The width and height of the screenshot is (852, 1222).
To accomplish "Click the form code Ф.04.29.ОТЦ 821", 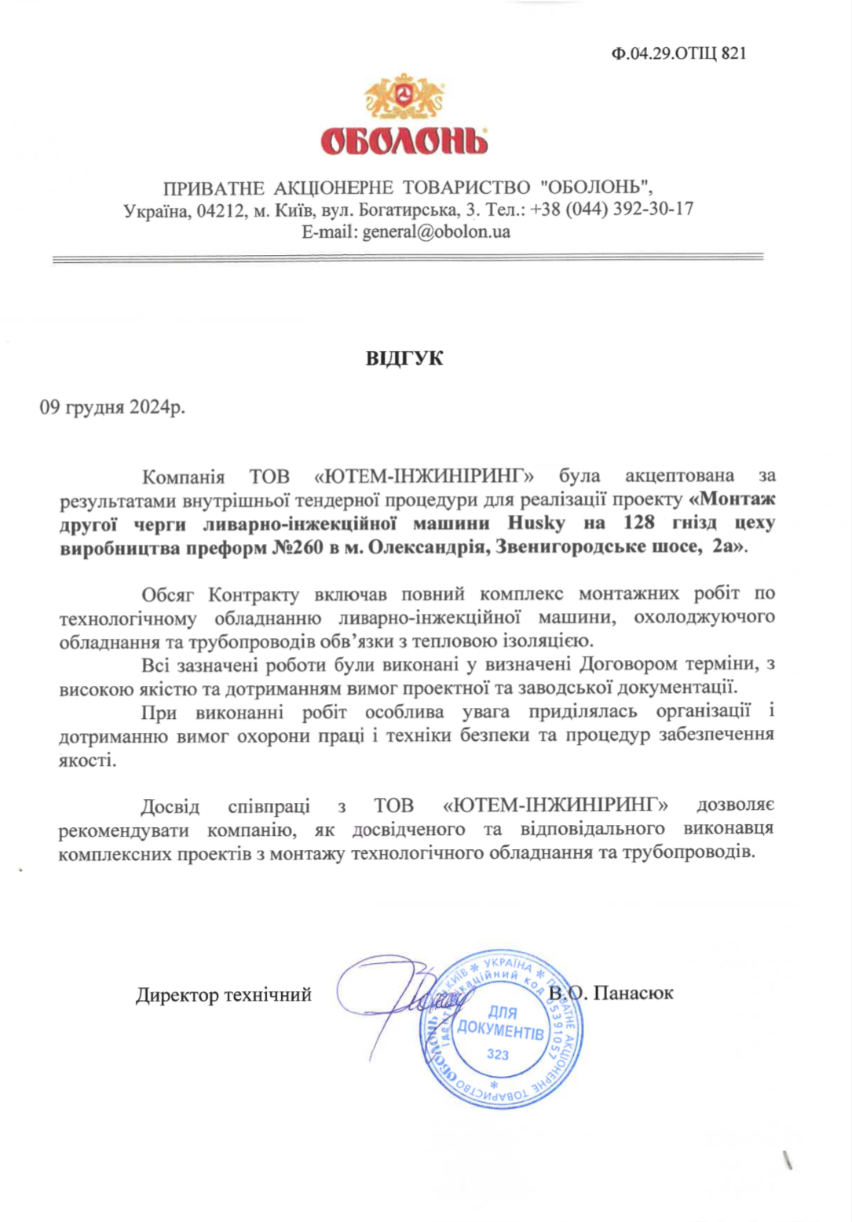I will coord(678,53).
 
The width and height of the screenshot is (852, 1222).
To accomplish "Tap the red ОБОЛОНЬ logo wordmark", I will coord(404,141).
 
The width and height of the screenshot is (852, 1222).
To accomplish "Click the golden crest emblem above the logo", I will coord(404,97).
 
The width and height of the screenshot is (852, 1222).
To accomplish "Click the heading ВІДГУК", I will coord(404,359).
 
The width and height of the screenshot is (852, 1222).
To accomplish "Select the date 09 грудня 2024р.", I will coord(112,407).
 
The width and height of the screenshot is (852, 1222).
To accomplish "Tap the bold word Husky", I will coord(536,523).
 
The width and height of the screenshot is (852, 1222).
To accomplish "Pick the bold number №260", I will coord(298,547).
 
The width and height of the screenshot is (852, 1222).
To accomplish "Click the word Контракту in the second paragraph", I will coord(254,593).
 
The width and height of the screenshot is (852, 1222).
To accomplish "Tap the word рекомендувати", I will coord(124,830).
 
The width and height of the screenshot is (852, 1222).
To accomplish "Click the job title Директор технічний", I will coord(224,995).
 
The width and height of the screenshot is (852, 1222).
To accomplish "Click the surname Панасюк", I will coord(634,993).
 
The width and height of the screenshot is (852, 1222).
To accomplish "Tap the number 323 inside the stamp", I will coord(498,1055).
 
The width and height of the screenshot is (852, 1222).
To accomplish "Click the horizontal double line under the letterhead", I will coord(408,257).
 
